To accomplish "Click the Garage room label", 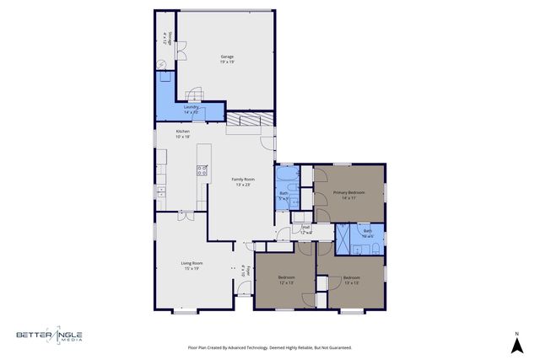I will pyautogui.click(x=227, y=59).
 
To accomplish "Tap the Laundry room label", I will pyautogui.click(x=192, y=109).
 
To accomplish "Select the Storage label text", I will pyautogui.click(x=167, y=40).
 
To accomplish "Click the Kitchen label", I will pyautogui.click(x=182, y=133).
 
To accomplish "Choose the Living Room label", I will pyautogui.click(x=191, y=266).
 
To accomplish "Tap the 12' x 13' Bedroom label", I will pyautogui.click(x=287, y=280).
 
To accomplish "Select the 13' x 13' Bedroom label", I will pyautogui.click(x=351, y=280).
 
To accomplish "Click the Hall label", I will pyautogui.click(x=307, y=228).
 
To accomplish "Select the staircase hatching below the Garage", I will pyautogui.click(x=250, y=121).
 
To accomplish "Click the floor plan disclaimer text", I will pyautogui.click(x=269, y=347).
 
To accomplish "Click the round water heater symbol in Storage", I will pyautogui.click(x=162, y=65).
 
